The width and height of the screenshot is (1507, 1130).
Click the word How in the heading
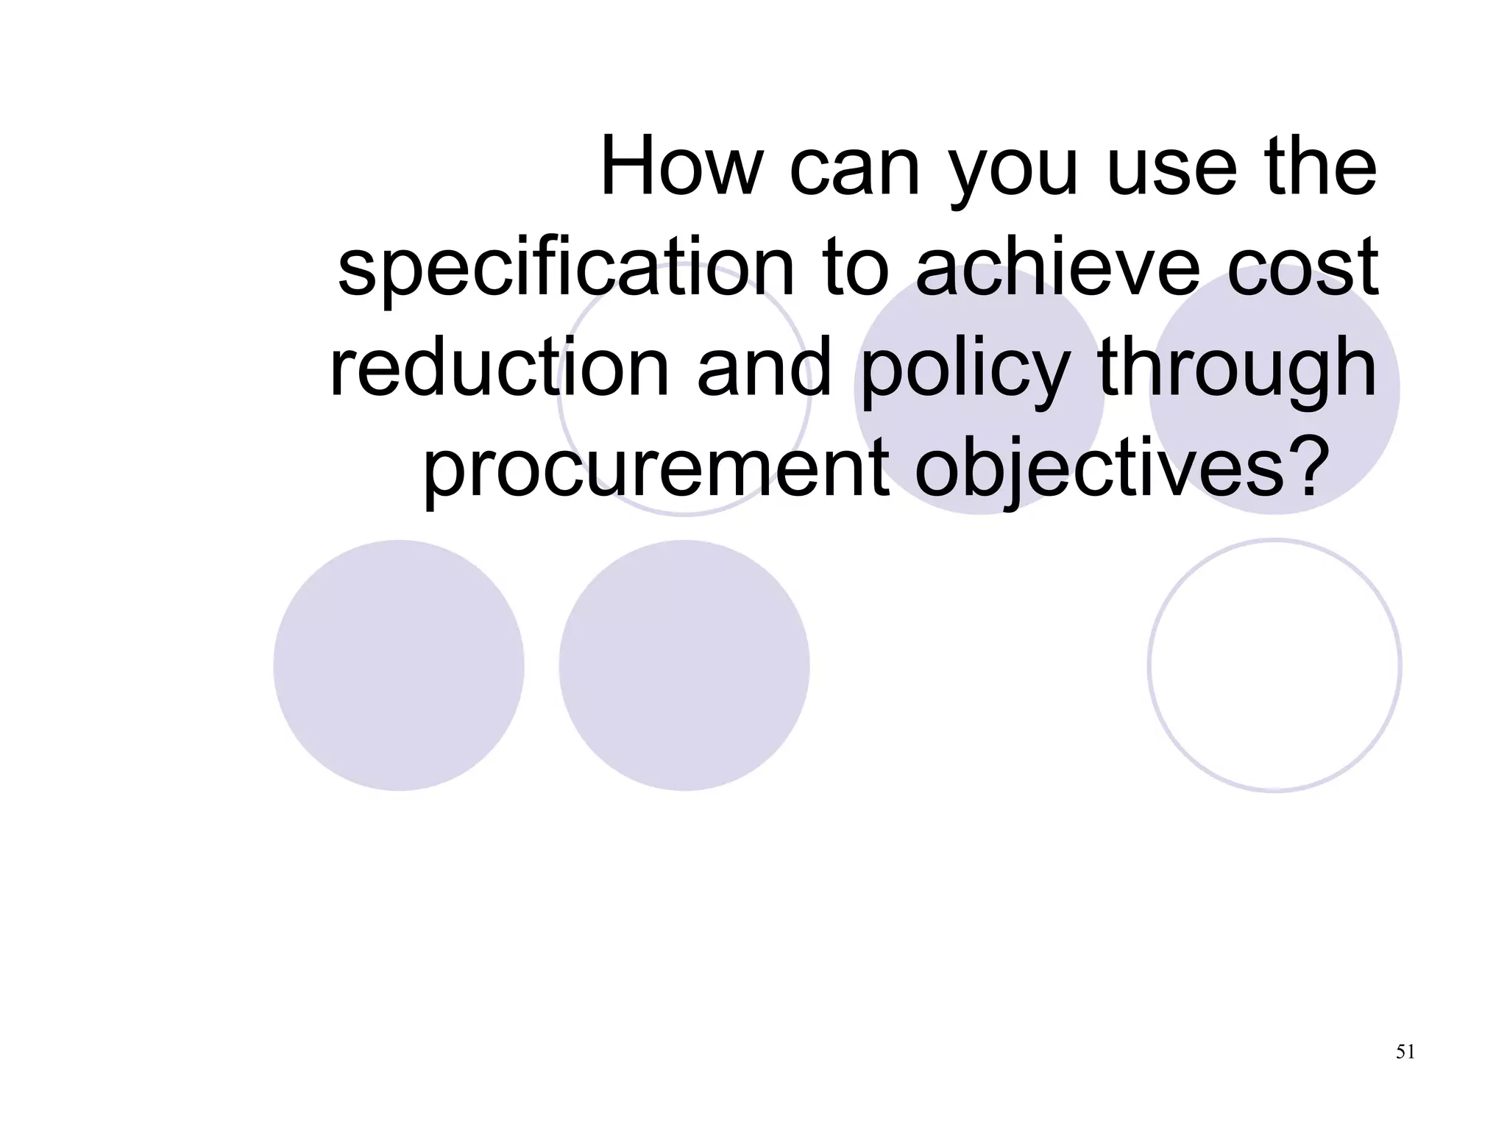click(681, 168)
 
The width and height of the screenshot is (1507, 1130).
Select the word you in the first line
click(1013, 177)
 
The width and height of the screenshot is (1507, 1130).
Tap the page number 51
click(1405, 1052)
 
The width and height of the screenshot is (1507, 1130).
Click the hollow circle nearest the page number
click(1274, 666)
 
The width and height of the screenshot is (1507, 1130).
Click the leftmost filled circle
click(399, 666)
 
